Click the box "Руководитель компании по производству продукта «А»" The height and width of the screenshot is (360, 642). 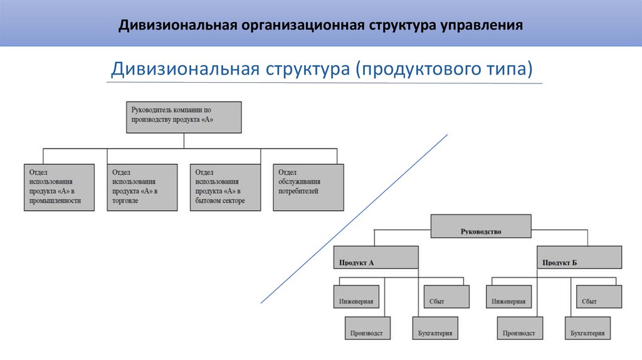[x=183, y=117]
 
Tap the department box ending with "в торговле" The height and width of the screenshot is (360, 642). [x=141, y=187]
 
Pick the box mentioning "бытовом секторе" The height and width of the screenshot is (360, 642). [x=225, y=187]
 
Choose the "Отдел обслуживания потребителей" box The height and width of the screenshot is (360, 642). [x=308, y=187]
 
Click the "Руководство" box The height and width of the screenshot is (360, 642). [x=481, y=226]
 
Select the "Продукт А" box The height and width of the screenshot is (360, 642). [x=375, y=257]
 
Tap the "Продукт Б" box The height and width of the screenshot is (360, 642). [x=580, y=257]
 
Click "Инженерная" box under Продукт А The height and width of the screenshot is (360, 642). [x=355, y=296]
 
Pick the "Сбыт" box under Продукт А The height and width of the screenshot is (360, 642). [x=446, y=296]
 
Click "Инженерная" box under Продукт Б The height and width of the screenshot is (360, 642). [x=508, y=296]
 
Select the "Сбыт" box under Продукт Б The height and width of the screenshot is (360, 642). [x=597, y=296]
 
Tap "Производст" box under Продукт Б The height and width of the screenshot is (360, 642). [x=519, y=329]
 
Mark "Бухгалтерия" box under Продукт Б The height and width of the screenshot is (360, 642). [x=588, y=329]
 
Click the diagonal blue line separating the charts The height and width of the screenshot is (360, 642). [x=354, y=218]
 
